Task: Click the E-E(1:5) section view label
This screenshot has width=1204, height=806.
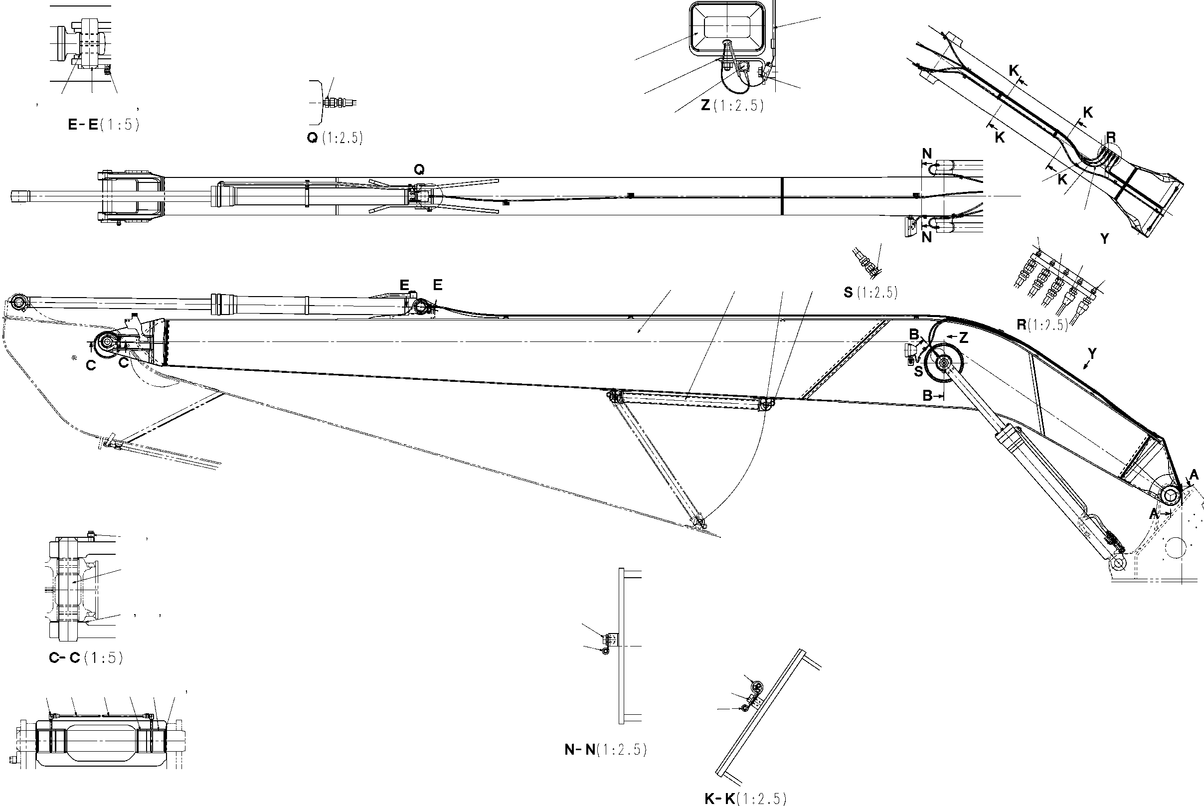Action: [x=103, y=125]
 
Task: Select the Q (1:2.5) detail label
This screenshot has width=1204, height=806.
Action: [x=335, y=138]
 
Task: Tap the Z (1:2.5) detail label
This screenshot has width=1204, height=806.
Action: [x=732, y=105]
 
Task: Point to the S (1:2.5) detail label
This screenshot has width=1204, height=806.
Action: [x=870, y=293]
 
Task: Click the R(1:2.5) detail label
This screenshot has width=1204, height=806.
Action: [x=1042, y=324]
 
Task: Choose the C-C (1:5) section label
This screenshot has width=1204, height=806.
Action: [x=86, y=658]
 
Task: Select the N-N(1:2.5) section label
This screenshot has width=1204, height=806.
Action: [x=605, y=750]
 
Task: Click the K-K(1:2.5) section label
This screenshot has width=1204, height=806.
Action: [x=745, y=799]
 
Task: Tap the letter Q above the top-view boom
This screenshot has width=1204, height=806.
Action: [x=419, y=169]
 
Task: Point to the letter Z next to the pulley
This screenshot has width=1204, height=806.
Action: [x=963, y=338]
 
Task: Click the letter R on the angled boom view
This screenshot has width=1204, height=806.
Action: [x=1110, y=137]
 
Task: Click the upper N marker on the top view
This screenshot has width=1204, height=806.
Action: [x=927, y=154]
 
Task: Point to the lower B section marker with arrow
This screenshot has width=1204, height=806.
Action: [x=928, y=395]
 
